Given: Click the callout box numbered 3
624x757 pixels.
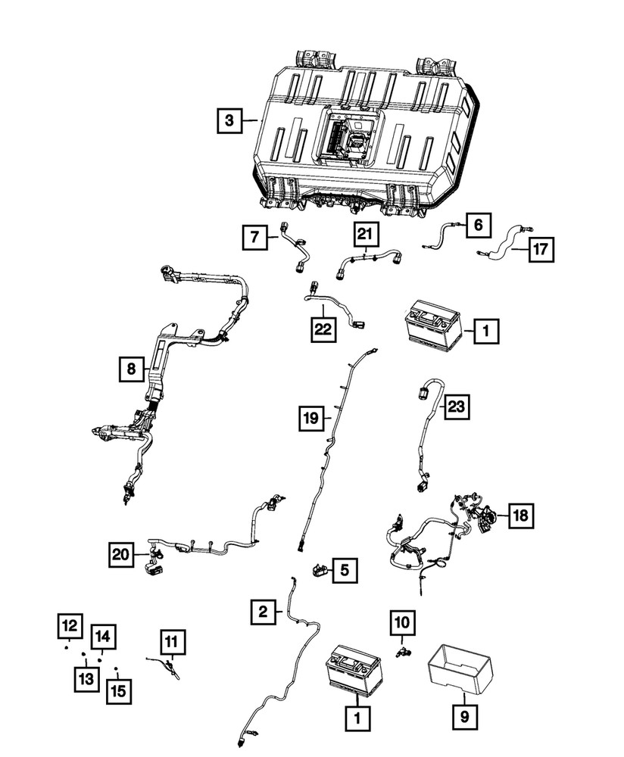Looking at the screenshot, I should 229,120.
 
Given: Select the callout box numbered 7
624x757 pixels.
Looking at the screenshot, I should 255,238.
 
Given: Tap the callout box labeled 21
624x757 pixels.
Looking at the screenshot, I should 363,237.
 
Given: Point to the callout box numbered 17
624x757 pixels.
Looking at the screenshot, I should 541,248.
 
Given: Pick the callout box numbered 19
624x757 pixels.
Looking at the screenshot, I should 310,416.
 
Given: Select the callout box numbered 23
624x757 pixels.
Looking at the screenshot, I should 457,407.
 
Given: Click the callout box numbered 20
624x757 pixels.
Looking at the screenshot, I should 120,555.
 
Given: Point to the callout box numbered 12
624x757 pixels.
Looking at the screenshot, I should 69,626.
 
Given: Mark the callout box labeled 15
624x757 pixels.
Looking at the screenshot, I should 117,690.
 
